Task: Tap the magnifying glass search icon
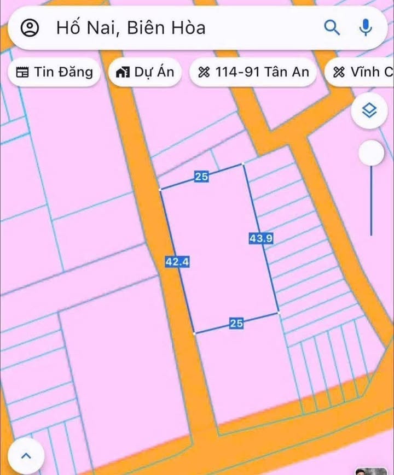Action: (x=332, y=27)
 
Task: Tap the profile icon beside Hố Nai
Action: (x=31, y=28)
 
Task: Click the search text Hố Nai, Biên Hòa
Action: (x=131, y=27)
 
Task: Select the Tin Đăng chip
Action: (x=55, y=72)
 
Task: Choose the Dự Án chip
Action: (x=146, y=72)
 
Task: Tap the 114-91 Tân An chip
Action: (x=253, y=72)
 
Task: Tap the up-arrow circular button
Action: (x=25, y=455)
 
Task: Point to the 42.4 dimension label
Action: (x=177, y=262)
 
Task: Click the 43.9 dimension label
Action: (x=260, y=238)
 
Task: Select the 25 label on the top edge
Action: (x=201, y=176)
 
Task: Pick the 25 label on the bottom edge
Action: (x=236, y=323)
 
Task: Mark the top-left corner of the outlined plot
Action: (x=160, y=190)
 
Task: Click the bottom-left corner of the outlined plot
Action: (x=195, y=333)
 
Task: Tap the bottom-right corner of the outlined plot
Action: (x=279, y=313)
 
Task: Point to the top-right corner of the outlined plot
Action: (x=243, y=164)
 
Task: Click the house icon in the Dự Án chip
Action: (x=123, y=72)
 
